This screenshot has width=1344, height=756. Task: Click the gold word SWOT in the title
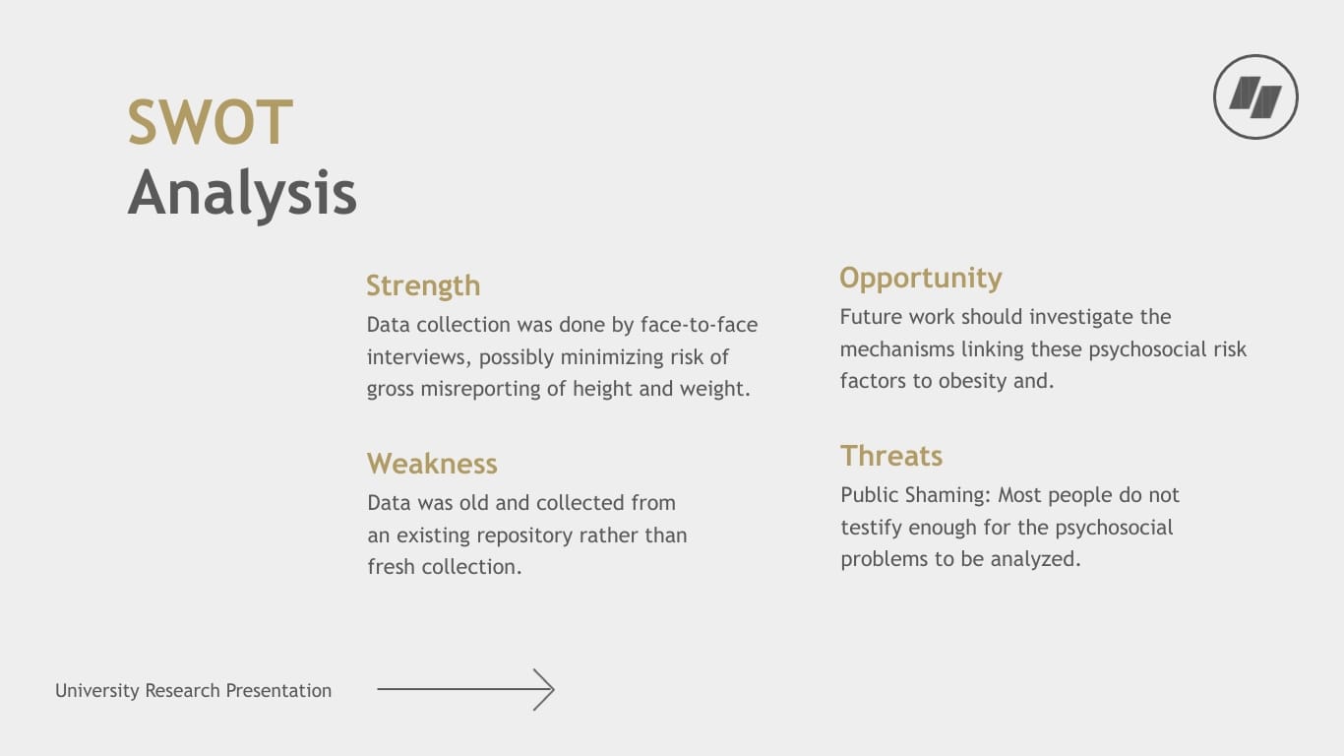(x=210, y=123)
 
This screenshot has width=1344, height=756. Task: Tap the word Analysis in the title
(x=242, y=193)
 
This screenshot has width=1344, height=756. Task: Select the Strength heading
(x=423, y=285)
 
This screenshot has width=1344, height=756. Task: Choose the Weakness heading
(x=432, y=464)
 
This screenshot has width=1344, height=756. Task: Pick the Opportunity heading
(x=920, y=278)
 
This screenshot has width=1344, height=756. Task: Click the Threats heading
(x=890, y=456)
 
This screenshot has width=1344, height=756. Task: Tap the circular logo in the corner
(x=1255, y=97)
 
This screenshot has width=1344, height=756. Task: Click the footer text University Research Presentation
(x=193, y=691)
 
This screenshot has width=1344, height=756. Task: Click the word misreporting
(x=480, y=389)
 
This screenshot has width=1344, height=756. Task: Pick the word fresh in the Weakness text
(x=393, y=567)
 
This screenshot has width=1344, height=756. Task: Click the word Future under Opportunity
(x=870, y=317)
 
